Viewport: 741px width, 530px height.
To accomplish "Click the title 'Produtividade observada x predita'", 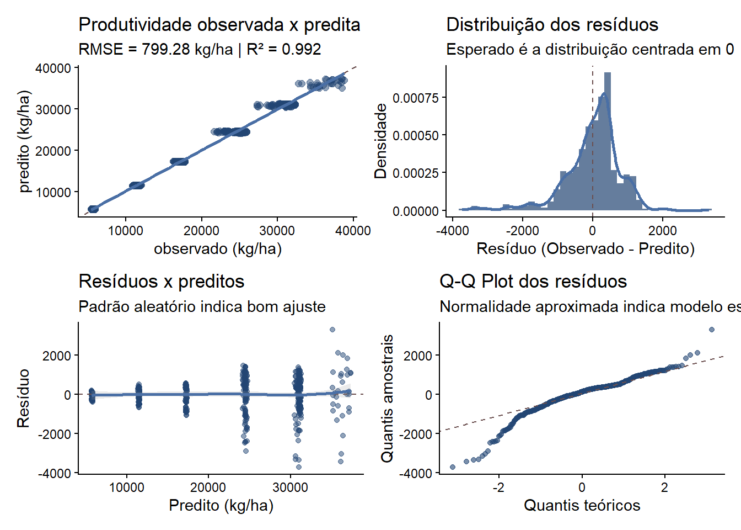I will tap(219, 25).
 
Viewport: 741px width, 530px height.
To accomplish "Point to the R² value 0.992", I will tap(301, 50).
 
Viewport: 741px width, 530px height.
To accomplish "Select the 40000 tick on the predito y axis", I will tap(53, 68).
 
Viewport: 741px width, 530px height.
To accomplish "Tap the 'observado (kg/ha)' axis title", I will tap(218, 249).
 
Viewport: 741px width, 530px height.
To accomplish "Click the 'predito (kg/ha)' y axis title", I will tap(24, 142).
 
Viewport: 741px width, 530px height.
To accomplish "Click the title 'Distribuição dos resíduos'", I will tap(552, 25).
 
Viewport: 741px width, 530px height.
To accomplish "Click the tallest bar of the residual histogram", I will tap(607, 138).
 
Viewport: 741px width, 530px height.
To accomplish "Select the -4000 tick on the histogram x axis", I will tap(453, 230).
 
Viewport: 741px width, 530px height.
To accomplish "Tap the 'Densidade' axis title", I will tap(380, 141).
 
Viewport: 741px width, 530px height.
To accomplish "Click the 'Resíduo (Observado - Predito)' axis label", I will tap(586, 249).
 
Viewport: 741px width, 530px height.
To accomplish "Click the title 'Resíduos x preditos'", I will tap(162, 282).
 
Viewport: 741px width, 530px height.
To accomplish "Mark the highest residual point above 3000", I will tap(332, 330).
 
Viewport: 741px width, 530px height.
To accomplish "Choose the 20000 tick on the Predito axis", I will tap(208, 487).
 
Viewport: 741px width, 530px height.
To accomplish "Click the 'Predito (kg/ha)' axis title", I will tap(221, 506).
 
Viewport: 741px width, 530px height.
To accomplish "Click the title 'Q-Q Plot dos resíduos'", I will tap(533, 282).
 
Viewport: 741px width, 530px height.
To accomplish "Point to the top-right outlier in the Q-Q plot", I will tap(712, 330).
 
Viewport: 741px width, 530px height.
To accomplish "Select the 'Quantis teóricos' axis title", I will tap(582, 506).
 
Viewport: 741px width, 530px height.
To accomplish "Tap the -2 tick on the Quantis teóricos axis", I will tap(498, 487).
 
